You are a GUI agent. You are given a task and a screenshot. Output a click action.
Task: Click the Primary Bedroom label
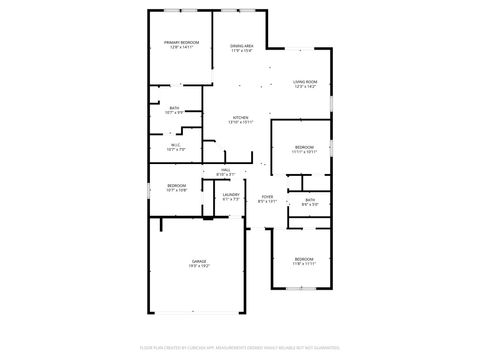tap(182, 41)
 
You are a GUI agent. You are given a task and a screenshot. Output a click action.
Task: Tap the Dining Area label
tap(241, 46)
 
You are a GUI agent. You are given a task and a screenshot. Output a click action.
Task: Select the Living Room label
tap(305, 82)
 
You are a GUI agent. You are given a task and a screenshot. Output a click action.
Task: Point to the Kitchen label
tap(240, 117)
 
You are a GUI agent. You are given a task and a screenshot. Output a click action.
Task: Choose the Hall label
tap(226, 170)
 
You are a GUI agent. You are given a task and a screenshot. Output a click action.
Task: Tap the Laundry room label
tap(231, 194)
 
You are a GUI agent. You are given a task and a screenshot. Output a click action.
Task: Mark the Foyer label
tap(267, 196)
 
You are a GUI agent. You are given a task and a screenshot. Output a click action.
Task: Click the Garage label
tap(199, 261)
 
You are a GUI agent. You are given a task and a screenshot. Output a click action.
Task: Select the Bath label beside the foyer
tap(310, 200)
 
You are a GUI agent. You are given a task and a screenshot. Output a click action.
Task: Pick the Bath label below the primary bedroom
tap(174, 108)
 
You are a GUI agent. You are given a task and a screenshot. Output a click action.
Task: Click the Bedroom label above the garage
tap(177, 185)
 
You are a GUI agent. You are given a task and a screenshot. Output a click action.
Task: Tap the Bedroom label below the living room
tap(304, 147)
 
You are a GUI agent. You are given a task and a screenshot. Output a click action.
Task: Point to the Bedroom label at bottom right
tap(304, 259)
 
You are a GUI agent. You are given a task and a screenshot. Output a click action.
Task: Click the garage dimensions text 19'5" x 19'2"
tap(199, 266)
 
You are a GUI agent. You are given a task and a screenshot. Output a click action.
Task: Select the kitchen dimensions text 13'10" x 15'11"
tap(240, 122)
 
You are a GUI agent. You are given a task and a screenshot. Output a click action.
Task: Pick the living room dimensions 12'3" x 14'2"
tap(305, 87)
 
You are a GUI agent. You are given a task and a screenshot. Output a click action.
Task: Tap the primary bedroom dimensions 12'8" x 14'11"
tap(182, 47)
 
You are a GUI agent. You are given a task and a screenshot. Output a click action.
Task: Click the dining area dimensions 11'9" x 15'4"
tap(241, 51)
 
